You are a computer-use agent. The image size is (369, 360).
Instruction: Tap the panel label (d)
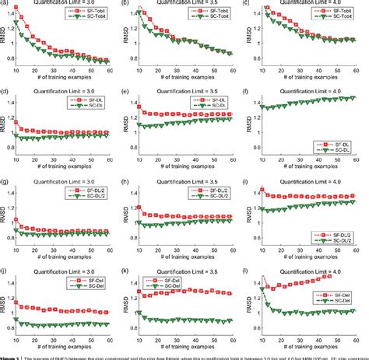(x=4, y=92)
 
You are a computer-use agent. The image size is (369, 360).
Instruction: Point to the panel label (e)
(x=127, y=92)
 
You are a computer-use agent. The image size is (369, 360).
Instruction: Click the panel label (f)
(x=249, y=92)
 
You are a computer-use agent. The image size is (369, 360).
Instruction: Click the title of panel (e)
(x=184, y=92)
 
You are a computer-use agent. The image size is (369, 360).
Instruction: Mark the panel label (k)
(x=127, y=269)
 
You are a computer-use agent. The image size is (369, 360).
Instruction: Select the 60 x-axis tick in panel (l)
(x=357, y=334)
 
